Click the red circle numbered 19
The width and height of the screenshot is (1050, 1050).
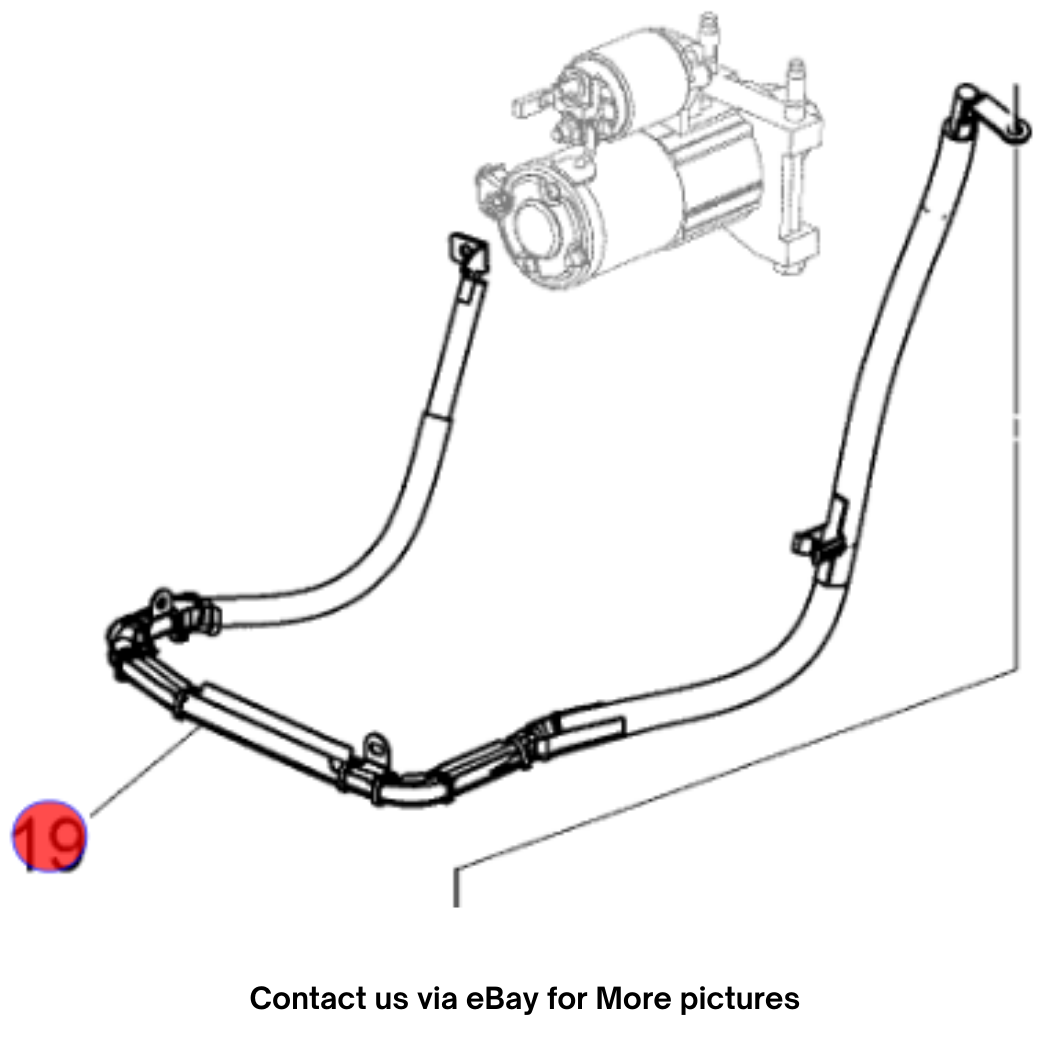click(50, 836)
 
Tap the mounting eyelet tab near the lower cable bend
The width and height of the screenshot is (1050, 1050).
click(376, 749)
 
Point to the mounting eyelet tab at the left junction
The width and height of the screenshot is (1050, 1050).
click(161, 604)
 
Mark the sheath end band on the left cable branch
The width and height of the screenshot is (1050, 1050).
click(437, 417)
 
